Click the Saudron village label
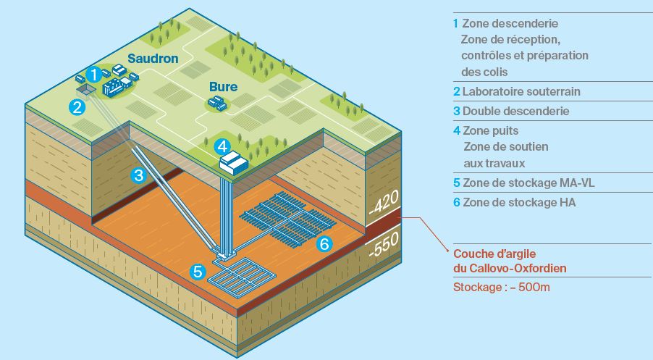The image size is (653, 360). [153, 57]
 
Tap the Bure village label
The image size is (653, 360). [223, 87]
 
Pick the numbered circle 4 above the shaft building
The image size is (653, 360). [223, 146]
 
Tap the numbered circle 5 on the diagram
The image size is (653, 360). [198, 272]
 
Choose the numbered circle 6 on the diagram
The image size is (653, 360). [324, 244]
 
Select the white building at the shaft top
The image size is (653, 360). [234, 162]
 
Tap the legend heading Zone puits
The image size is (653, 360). [490, 130]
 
